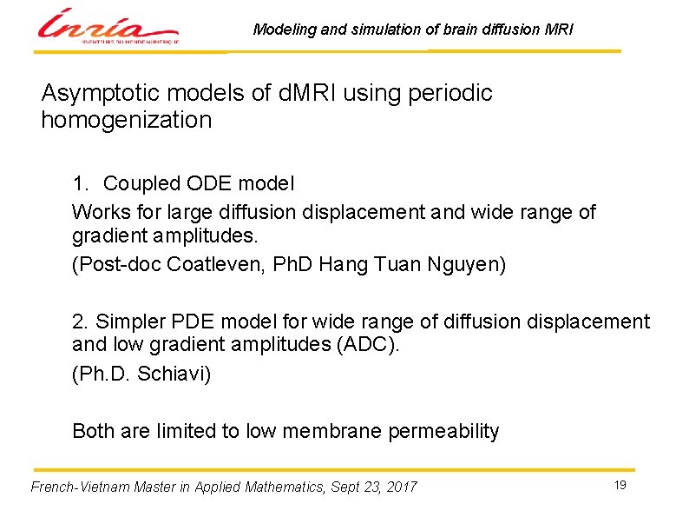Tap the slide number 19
[x=620, y=485]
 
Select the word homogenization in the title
[x=127, y=120]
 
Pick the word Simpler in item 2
[x=128, y=322]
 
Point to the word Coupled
[x=138, y=184]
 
